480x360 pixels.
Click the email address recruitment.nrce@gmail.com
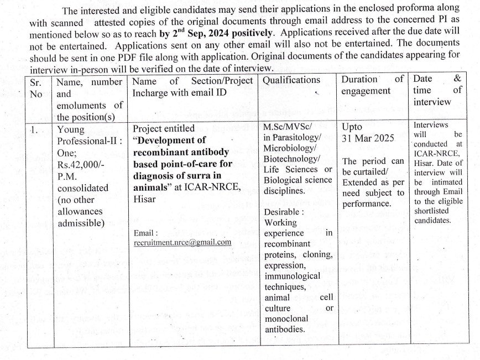pyautogui.click(x=182, y=242)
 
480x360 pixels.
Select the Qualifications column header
pyautogui.click(x=291, y=81)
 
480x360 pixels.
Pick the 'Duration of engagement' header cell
pyautogui.click(x=372, y=85)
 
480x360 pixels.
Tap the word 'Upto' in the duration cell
pyautogui.click(x=353, y=127)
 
